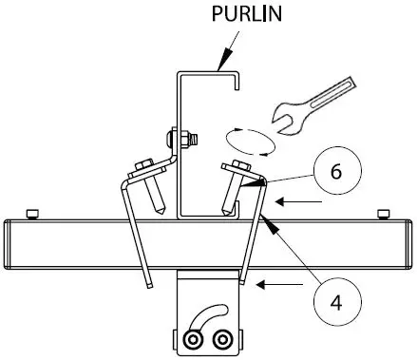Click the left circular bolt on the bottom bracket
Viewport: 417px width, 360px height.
194,338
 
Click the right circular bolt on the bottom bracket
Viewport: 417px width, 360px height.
222,338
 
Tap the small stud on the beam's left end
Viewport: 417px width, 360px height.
33,211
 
